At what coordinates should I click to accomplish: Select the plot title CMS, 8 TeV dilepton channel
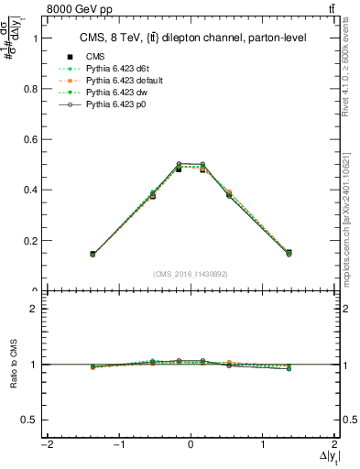[191, 38]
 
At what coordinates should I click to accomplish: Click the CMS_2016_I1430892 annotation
[190, 274]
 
